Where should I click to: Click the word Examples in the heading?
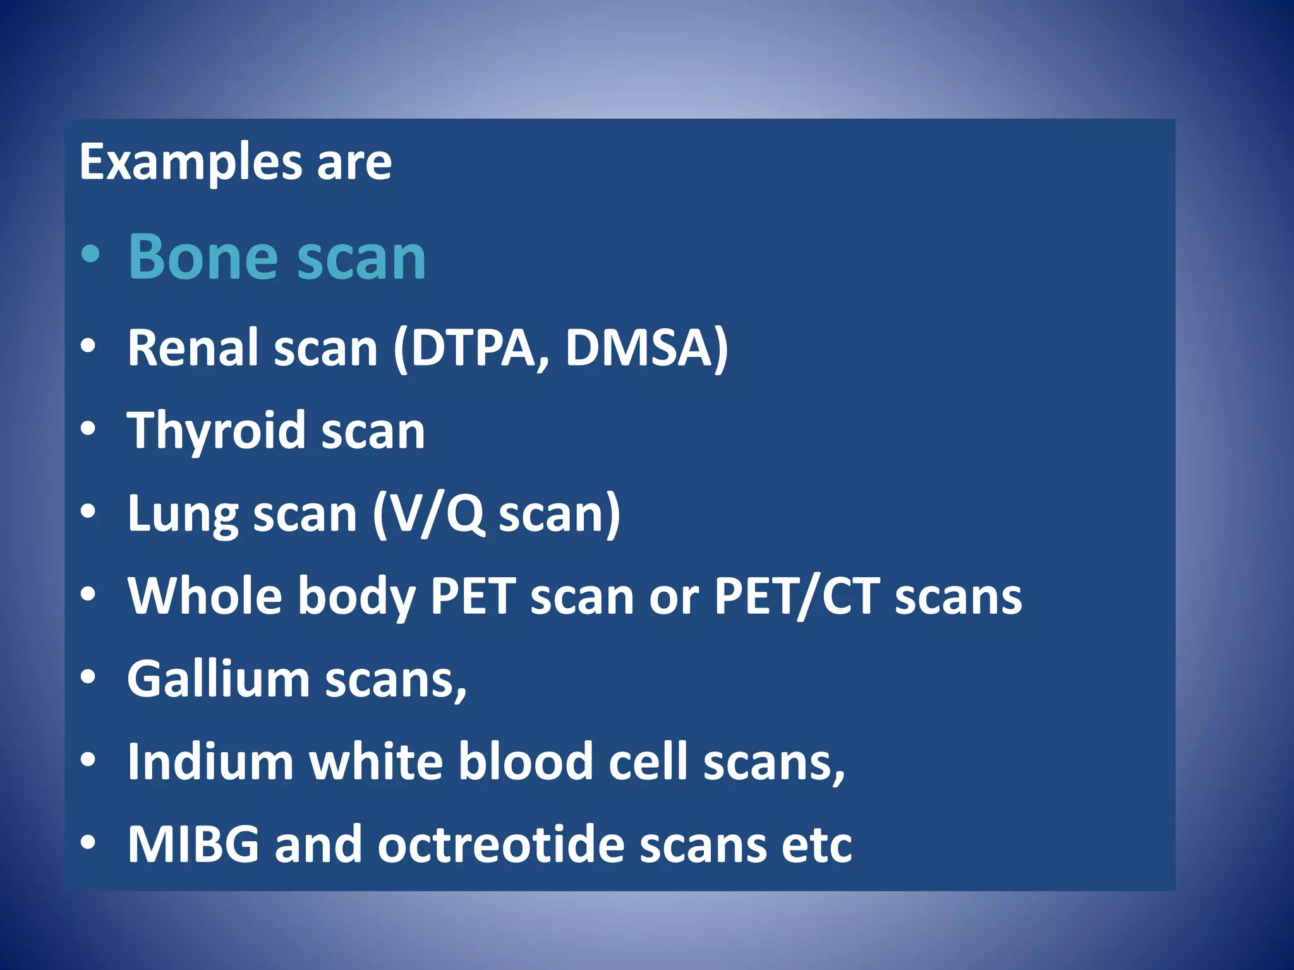[x=190, y=163]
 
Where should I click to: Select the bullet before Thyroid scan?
[x=88, y=429]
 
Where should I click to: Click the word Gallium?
[x=219, y=680]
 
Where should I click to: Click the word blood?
[x=525, y=762]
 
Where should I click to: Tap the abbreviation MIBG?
[x=193, y=844]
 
